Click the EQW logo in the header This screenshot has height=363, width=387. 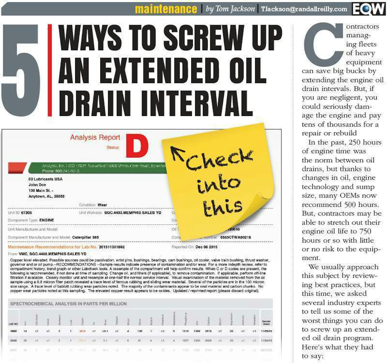(368, 9)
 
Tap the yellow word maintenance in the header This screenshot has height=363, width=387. (166, 9)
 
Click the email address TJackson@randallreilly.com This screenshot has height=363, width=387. (304, 9)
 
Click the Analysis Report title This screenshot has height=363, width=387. (95, 138)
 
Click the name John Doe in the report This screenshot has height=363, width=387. (37, 185)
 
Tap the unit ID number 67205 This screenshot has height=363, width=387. (26, 213)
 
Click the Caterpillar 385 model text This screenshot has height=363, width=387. (85, 237)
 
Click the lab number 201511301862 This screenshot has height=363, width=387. (112, 247)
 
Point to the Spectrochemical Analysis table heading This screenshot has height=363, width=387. (68, 304)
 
